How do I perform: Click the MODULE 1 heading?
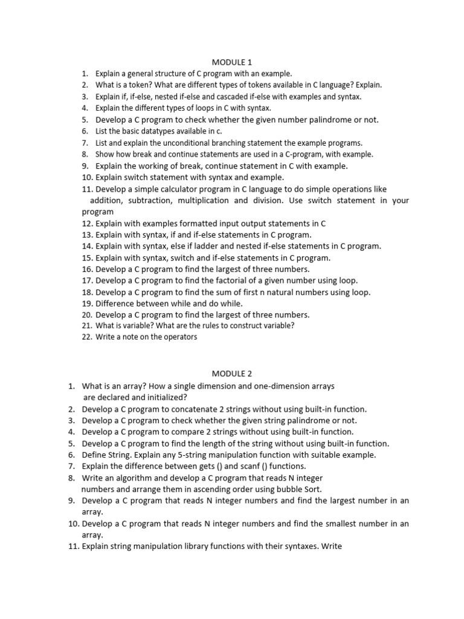(x=232, y=62)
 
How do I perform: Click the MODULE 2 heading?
(x=232, y=374)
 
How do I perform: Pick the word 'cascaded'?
(x=229, y=97)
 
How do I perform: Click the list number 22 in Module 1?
(x=88, y=337)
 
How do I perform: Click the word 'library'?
(x=196, y=546)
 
